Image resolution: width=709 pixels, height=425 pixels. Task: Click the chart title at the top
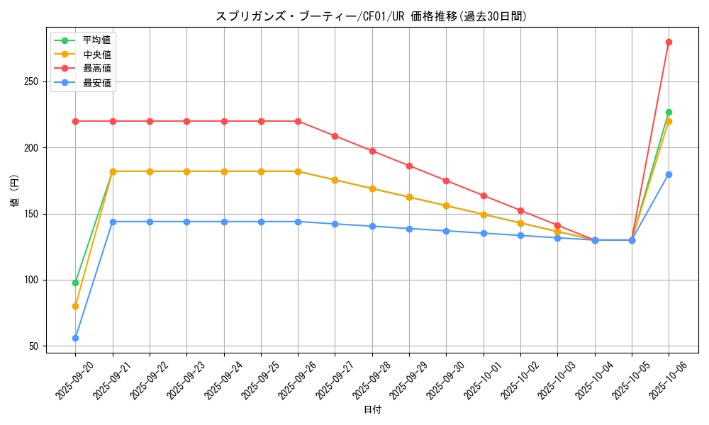(x=372, y=16)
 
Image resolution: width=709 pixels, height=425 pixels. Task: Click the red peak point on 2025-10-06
(x=669, y=42)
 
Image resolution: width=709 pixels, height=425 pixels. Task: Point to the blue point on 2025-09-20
(x=75, y=338)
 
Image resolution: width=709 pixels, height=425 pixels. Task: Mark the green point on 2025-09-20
(x=75, y=283)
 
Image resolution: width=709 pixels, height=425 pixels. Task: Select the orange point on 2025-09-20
(x=75, y=306)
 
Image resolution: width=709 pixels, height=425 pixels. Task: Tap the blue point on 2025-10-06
(x=669, y=174)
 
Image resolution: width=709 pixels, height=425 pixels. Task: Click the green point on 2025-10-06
(x=669, y=112)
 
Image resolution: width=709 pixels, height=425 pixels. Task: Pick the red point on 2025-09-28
(x=372, y=151)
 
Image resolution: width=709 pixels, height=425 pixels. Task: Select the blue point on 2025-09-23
(x=186, y=222)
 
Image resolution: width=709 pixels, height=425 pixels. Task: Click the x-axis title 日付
(x=372, y=410)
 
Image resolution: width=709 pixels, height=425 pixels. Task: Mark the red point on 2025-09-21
(x=113, y=121)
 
